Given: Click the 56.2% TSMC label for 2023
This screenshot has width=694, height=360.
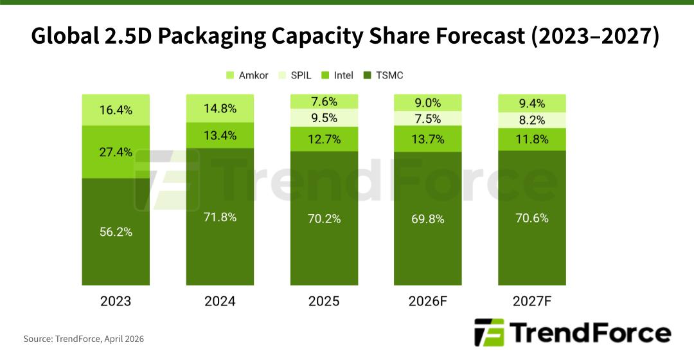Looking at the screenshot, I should pos(116,232).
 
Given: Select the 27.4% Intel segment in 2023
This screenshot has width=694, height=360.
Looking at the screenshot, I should pos(116,152).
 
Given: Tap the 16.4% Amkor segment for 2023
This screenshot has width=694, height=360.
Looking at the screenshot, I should pos(116,110).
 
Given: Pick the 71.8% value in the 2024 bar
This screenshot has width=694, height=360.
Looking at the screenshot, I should pos(220,217).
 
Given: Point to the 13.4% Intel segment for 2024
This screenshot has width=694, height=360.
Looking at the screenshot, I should pos(220,136).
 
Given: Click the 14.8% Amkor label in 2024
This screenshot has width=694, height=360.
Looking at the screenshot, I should pos(220,107).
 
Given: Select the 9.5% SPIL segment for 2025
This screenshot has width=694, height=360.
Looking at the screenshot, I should pos(325,118).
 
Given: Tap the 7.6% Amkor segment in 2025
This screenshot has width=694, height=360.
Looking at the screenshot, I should pos(325,102).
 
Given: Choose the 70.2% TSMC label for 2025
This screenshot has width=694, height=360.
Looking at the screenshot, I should pos(325,219).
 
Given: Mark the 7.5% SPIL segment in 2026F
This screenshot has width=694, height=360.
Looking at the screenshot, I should pos(428,118).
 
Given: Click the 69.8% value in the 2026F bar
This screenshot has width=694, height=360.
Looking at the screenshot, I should pos(428,219).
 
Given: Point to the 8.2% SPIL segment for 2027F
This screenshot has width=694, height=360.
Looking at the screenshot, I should pos(532,120).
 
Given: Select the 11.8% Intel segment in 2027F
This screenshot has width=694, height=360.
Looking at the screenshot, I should pos(532,139).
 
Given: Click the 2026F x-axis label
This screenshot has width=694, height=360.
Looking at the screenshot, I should pos(428,301).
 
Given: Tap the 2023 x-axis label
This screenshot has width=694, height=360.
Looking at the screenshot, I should pos(116,301).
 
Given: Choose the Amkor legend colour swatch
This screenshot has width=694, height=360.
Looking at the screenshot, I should pos(230,76).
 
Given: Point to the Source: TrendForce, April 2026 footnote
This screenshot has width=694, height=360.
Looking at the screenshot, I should pos(84,339).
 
